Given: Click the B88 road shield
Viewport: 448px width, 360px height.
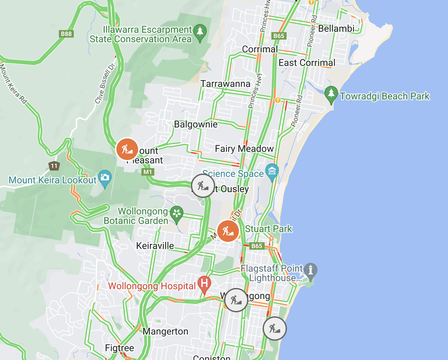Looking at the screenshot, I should tap(66, 33).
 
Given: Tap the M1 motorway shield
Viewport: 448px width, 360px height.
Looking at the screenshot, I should tap(148, 172).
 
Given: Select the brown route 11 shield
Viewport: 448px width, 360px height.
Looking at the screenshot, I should tap(54, 166).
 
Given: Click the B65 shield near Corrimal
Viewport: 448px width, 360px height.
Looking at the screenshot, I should tap(279, 36).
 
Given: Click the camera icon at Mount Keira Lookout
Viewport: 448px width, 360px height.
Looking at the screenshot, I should tap(105, 178).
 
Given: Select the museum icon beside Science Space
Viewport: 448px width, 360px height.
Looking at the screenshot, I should tap(272, 171).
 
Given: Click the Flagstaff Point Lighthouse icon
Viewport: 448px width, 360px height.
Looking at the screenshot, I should tap(311, 270).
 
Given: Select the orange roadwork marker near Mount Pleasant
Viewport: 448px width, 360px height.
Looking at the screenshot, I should tap(127, 149).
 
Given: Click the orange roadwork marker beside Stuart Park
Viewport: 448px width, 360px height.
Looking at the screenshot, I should tap(228, 231).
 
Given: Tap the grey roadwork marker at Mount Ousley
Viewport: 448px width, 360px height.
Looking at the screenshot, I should tap(203, 186).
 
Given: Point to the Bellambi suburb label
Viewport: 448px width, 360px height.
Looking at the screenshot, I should tap(336, 29).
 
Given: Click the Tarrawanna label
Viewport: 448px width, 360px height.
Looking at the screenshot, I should tap(225, 84).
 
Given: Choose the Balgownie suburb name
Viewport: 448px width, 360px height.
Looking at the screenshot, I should tap(196, 124).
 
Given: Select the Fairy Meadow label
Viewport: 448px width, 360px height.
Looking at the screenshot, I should tap(244, 149).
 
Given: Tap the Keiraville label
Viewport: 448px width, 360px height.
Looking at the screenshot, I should tap(155, 246).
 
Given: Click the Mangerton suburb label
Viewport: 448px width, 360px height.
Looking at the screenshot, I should tap(165, 331).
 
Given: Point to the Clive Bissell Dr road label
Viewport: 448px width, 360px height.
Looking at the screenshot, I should tap(105, 83).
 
